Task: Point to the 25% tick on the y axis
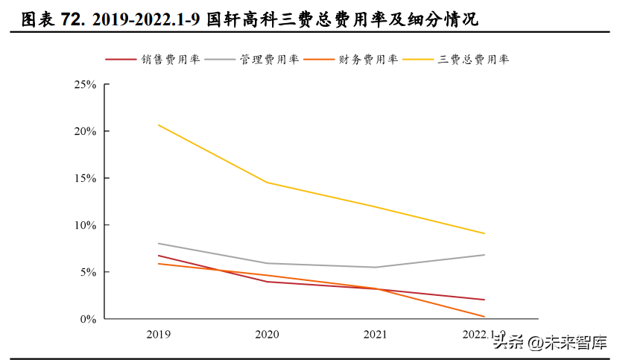tap(85, 85)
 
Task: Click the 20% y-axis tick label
tap(85, 131)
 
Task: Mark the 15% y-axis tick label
tap(85, 178)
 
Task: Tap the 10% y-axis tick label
tap(85, 225)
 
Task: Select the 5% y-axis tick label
tap(88, 272)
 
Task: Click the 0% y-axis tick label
tap(88, 319)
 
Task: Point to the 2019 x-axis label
tap(158, 335)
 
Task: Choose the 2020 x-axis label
tap(267, 335)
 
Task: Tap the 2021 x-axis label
tap(376, 335)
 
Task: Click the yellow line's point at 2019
tap(158, 124)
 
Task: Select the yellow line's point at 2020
tap(267, 183)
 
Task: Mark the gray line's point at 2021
tap(376, 268)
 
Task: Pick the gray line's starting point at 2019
tap(158, 244)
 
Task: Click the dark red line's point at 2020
tap(267, 282)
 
